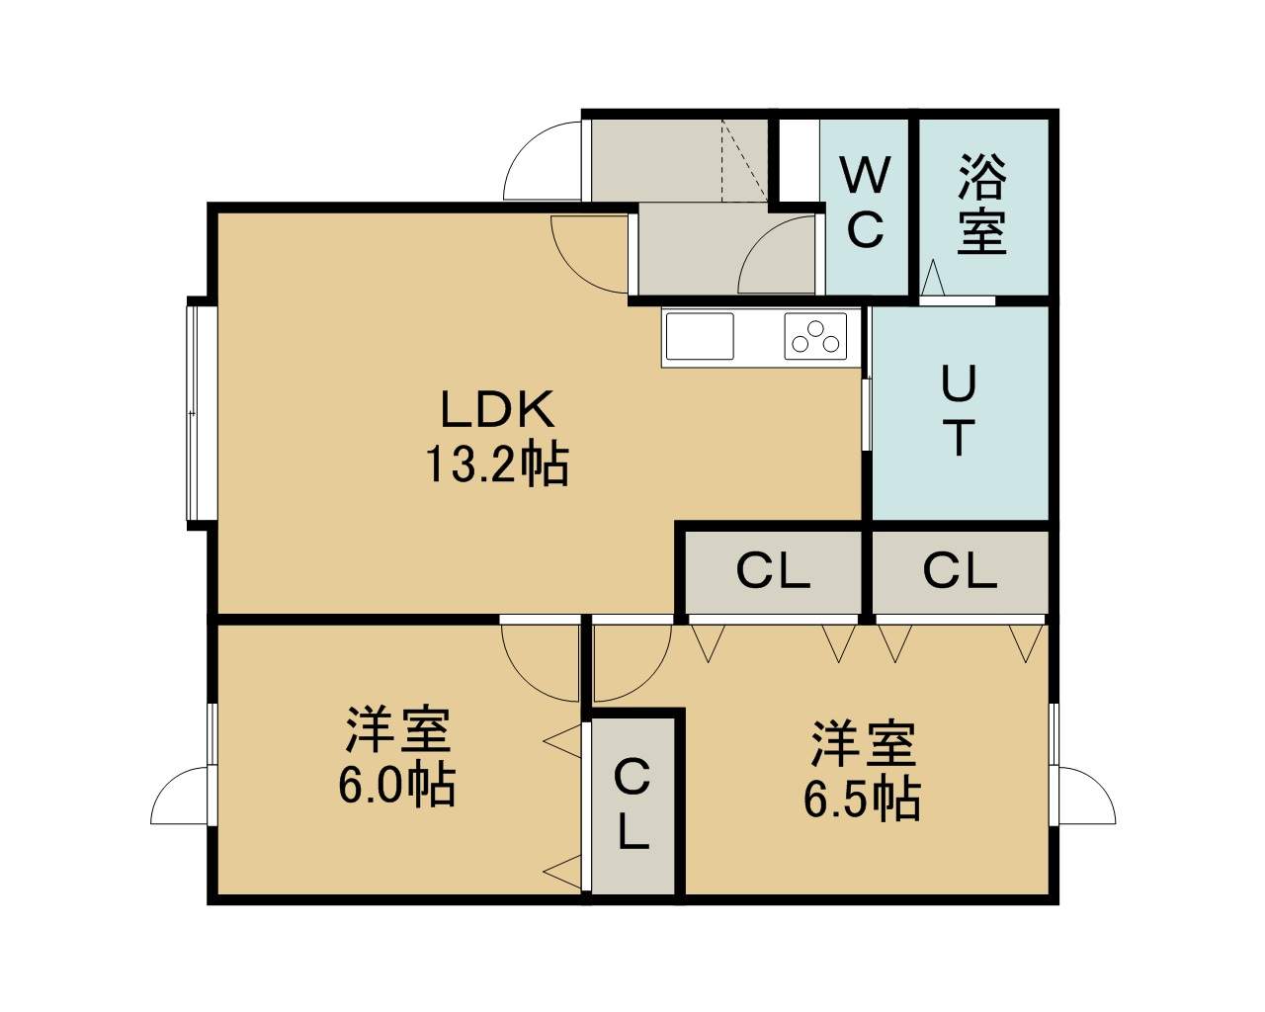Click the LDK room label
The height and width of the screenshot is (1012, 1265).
[x=497, y=409]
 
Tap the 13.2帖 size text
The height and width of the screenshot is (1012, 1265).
[x=497, y=464]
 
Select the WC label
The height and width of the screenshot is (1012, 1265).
[x=866, y=202]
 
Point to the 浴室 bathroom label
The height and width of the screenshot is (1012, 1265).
[x=982, y=204]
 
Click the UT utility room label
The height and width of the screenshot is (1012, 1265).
[x=959, y=410]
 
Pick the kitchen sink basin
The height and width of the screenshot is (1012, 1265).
[x=700, y=336]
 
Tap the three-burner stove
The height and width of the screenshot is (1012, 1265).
[x=815, y=336]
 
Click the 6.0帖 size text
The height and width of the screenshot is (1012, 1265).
[x=396, y=785]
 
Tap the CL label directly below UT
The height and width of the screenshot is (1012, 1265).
[x=960, y=571]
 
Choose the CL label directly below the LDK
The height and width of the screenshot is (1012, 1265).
[x=773, y=571]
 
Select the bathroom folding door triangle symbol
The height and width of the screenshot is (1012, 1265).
[x=932, y=278]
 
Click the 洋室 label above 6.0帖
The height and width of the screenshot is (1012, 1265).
[x=398, y=730]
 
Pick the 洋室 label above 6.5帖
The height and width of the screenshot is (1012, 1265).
[x=864, y=743]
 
